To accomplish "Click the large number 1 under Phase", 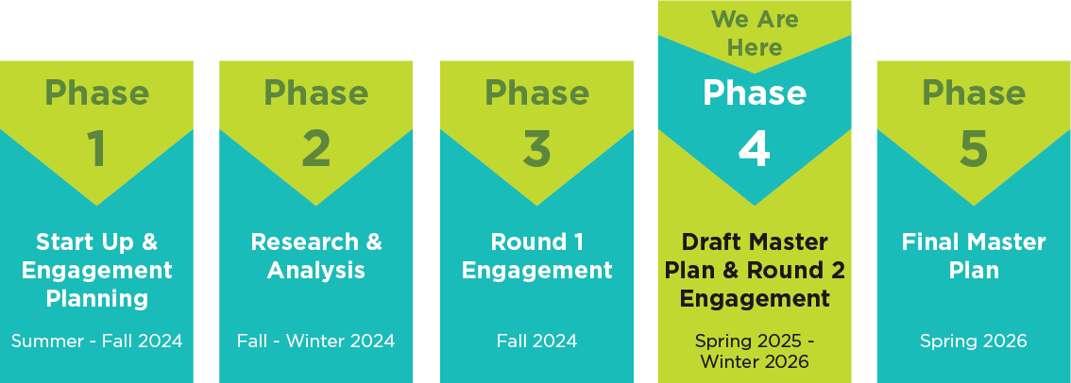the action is coord(96,149).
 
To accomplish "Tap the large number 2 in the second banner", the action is coord(316,149).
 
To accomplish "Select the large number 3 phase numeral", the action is coord(536,149).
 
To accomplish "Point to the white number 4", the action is coord(754,149).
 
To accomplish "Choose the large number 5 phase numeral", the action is coord(974,149).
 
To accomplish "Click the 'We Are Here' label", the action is coord(755,33).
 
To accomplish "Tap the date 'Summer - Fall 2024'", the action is coord(96,341).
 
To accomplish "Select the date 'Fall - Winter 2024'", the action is coord(316,341).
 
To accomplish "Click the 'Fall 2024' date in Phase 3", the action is coord(536,341).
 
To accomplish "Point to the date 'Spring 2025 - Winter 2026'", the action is coord(755,351).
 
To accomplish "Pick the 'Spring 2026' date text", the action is coord(974,341).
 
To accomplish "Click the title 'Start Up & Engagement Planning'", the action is coord(96,271).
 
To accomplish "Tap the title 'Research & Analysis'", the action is coord(316,256).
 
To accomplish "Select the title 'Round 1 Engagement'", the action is coord(536,256).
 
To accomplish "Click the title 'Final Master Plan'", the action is coord(974,256).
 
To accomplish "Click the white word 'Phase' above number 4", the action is coord(755,92).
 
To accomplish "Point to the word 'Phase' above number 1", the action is coord(96,92).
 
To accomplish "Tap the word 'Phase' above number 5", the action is coord(974,92).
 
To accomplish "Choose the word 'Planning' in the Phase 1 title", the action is coord(96,299).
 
